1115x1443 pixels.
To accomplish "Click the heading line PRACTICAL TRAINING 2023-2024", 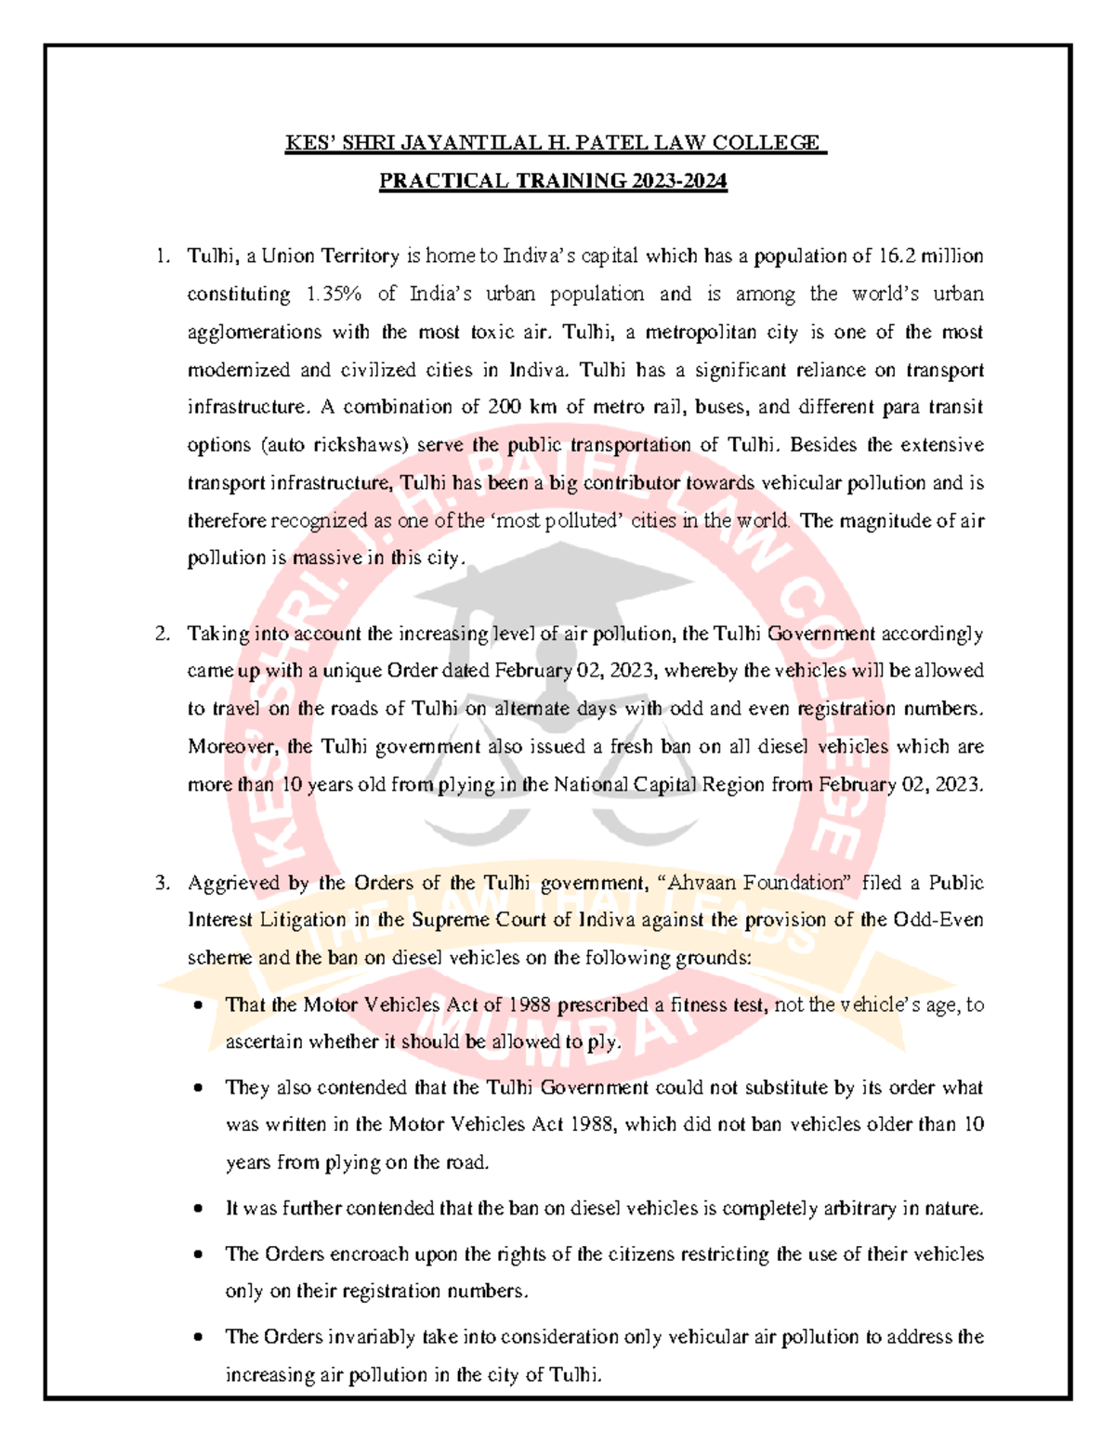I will click(553, 181).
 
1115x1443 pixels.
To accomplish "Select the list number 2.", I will click(163, 634).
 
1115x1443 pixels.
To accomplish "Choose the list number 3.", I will click(163, 883).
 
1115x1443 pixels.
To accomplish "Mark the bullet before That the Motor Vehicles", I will click(198, 1005).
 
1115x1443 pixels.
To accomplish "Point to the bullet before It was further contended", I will click(198, 1209).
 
